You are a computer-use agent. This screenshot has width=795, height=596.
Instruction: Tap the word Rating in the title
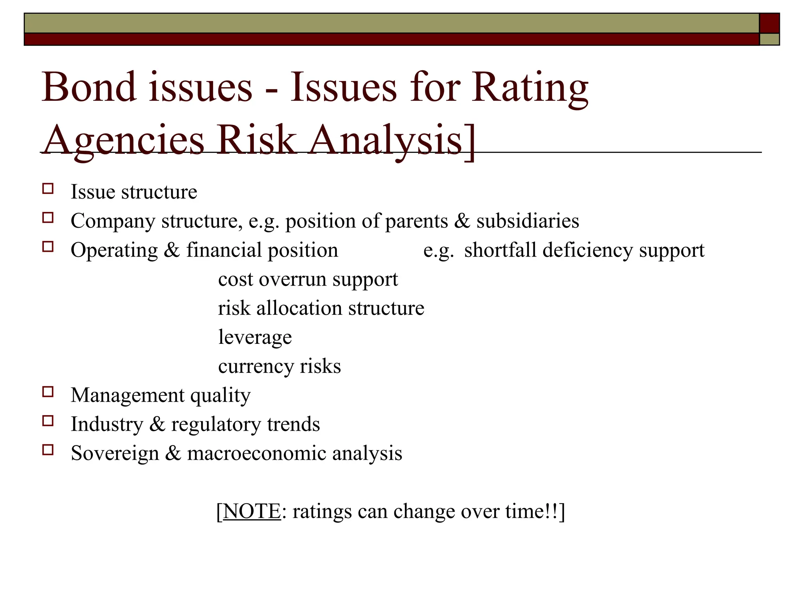530,88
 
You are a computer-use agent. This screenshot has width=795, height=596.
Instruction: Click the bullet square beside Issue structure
48,189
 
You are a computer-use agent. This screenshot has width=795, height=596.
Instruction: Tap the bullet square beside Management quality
48,392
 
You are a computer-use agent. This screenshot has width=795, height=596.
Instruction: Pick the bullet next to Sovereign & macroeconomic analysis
48,450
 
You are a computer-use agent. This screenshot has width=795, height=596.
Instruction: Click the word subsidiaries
528,221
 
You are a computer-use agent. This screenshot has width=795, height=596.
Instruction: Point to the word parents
417,222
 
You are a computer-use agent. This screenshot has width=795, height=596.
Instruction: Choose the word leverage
255,338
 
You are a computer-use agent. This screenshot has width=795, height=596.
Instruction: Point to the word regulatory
216,424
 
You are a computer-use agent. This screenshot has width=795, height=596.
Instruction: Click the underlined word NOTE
252,511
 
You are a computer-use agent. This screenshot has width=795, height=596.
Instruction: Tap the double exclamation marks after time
551,511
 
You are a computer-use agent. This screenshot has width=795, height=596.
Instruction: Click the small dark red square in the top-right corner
769,23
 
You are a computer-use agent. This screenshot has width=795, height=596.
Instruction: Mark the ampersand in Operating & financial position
172,250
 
